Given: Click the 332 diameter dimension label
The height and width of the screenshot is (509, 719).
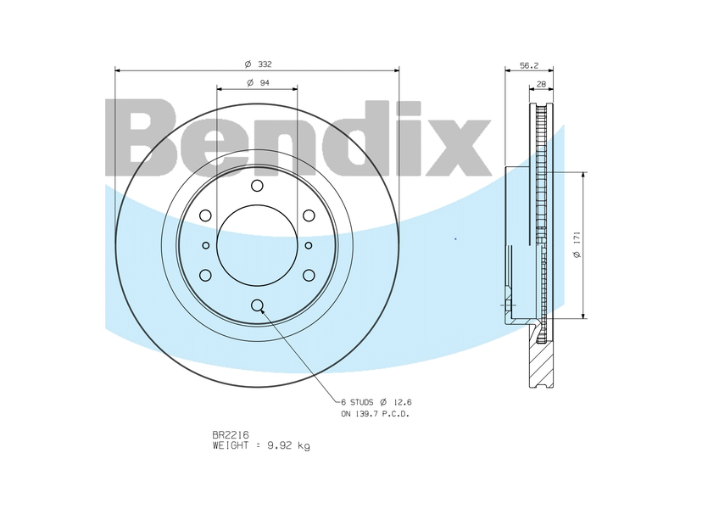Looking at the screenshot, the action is [x=258, y=64].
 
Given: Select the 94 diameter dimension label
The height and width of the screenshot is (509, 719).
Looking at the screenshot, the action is [x=258, y=82].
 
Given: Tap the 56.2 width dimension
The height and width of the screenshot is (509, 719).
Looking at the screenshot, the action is [x=529, y=65].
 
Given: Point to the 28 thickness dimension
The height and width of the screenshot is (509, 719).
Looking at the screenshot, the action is [x=541, y=84].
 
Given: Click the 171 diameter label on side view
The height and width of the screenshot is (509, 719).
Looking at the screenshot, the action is [x=577, y=244].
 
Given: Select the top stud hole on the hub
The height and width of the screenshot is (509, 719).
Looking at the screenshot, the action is [x=257, y=186].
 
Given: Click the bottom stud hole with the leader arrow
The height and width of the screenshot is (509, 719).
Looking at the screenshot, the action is [x=257, y=305].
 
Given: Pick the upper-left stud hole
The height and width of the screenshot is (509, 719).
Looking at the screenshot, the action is [x=205, y=215].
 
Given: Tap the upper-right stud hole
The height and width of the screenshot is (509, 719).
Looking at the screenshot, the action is [x=309, y=215].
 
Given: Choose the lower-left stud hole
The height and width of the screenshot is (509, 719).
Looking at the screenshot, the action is [x=205, y=275].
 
